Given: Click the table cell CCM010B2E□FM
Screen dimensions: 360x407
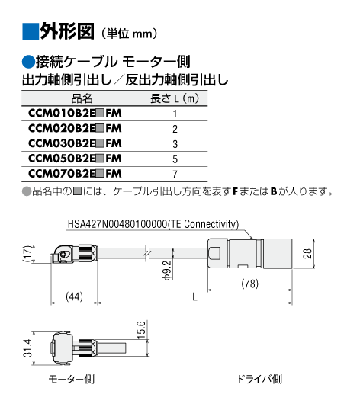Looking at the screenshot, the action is click(75, 113).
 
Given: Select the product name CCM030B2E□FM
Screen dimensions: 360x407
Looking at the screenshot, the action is click(75, 143).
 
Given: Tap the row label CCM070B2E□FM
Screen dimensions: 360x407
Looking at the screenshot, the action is click(75, 174).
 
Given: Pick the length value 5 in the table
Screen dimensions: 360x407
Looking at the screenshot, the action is click(175, 159).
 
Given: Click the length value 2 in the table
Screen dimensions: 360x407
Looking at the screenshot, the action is click(175, 129).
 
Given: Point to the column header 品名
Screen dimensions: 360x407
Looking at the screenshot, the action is click(82, 98).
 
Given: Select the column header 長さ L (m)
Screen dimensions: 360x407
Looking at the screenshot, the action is click(175, 98).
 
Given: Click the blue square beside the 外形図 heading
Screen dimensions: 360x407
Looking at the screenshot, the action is click(31, 31).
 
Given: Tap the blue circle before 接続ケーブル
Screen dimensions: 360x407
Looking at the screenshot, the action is click(28, 62).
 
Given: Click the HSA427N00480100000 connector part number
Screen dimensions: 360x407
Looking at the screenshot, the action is click(117, 224).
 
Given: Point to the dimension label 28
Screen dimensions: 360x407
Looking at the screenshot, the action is click(307, 254).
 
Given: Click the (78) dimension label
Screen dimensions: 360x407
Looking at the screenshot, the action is click(250, 284).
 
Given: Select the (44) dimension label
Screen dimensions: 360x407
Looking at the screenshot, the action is click(74, 296).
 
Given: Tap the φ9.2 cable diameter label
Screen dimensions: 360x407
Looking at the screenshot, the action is click(167, 271).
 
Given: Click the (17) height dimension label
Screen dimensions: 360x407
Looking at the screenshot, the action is click(28, 254).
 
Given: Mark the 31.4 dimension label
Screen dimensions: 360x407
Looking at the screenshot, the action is click(27, 348).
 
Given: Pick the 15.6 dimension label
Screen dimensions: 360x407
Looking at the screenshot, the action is click(141, 330).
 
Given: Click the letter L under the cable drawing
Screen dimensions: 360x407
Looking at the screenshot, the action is click(194, 296).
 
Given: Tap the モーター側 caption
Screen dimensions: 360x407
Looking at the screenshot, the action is click(72, 380).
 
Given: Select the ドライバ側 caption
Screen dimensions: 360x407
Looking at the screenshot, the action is click(259, 380).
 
